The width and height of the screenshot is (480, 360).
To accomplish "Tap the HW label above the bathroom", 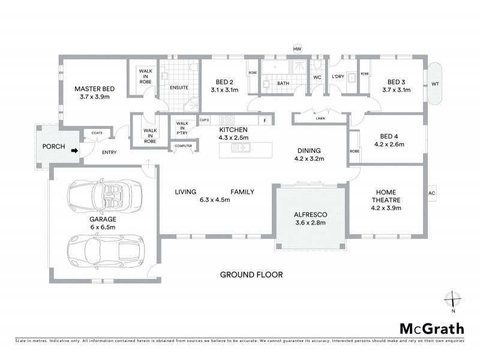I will (x=296, y=49).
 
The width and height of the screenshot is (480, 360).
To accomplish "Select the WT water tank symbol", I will (x=434, y=85).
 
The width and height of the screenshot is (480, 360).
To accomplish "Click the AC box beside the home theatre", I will (x=431, y=193).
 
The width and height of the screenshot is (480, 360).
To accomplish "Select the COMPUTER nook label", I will (x=182, y=146).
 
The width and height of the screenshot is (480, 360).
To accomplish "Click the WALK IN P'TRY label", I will (x=181, y=128).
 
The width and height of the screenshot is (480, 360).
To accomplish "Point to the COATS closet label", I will (x=97, y=133).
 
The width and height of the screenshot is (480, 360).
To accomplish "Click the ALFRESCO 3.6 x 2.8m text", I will (x=310, y=218).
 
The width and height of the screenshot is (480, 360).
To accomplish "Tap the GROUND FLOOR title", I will (x=251, y=275).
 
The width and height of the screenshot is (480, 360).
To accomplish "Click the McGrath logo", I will (x=431, y=328).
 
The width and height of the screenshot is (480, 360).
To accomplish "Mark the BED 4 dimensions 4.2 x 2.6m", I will (x=389, y=144).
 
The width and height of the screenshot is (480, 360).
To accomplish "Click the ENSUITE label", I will (x=179, y=88).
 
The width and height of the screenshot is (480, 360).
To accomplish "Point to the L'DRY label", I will (x=338, y=77).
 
